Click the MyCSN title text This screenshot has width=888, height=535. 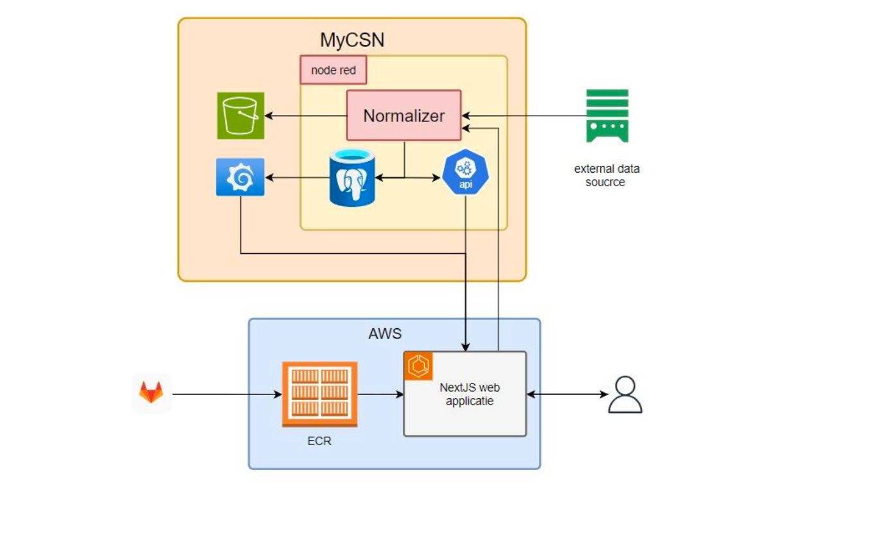pyautogui.click(x=352, y=40)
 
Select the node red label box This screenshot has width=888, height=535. pyautogui.click(x=333, y=70)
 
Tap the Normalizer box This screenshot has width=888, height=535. pyautogui.click(x=404, y=116)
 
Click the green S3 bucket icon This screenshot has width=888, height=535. pyautogui.click(x=240, y=116)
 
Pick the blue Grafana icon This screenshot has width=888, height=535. pyautogui.click(x=240, y=177)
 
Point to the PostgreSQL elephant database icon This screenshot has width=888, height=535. pyautogui.click(x=351, y=177)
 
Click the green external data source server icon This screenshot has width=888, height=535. pyautogui.click(x=607, y=116)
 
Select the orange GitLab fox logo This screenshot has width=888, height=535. pyautogui.click(x=152, y=393)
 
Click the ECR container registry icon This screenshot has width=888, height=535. pyautogui.click(x=319, y=394)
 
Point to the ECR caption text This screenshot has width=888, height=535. pyautogui.click(x=319, y=441)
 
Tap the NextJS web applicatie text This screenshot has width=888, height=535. pyautogui.click(x=469, y=394)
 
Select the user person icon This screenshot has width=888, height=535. pyautogui.click(x=625, y=394)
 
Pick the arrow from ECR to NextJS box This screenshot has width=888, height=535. pyautogui.click(x=380, y=394)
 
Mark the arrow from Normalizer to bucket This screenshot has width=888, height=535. pyautogui.click(x=306, y=116)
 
